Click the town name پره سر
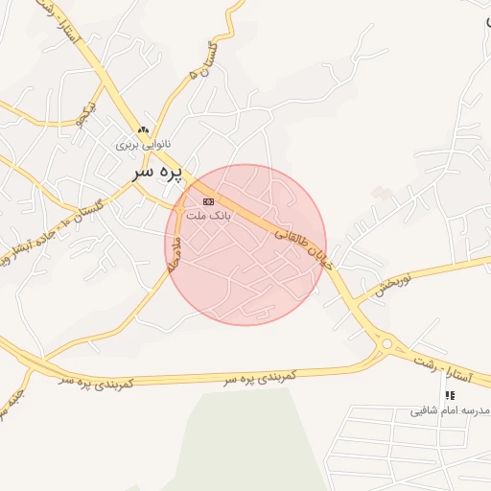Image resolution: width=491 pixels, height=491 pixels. [x=154, y=174]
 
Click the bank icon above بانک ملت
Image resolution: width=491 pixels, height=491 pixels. [x=207, y=201]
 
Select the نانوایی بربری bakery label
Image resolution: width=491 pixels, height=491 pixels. [x=144, y=145]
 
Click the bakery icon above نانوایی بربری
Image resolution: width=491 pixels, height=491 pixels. [x=144, y=129]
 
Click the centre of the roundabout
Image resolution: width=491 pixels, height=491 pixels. [x=387, y=343]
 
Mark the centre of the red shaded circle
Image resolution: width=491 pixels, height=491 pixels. [x=245, y=245]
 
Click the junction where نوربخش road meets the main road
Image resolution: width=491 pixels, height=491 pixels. [x=357, y=303]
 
